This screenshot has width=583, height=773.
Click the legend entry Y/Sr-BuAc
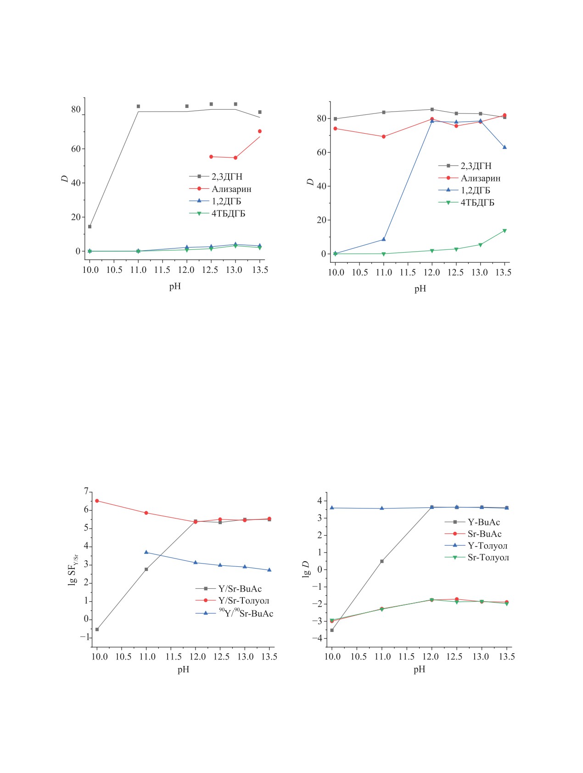pyautogui.click(x=240, y=589)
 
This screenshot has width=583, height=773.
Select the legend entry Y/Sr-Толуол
pyautogui.click(x=243, y=601)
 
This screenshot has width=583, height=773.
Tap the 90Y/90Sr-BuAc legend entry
pyautogui.click(x=246, y=613)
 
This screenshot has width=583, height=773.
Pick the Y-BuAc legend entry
pyautogui.click(x=483, y=522)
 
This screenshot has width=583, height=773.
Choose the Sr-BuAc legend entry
pyautogui.click(x=484, y=534)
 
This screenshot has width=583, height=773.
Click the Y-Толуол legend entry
pyautogui.click(x=487, y=546)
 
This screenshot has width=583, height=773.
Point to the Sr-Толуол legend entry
pyautogui.click(x=488, y=558)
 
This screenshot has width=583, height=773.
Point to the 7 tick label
pyautogui.click(x=86, y=492)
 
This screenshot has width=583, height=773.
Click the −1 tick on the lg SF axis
pyautogui.click(x=84, y=637)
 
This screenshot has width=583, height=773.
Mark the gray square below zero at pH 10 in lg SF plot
pyautogui.click(x=97, y=629)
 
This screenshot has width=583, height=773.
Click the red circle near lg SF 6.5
pyautogui.click(x=97, y=501)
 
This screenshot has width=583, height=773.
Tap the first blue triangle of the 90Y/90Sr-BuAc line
pyautogui.click(x=146, y=552)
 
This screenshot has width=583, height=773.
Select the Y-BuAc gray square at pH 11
pyautogui.click(x=382, y=561)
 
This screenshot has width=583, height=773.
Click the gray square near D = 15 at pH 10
pyautogui.click(x=90, y=226)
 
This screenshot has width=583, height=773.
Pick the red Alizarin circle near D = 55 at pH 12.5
pyautogui.click(x=211, y=157)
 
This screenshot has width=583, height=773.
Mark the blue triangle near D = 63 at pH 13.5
pyautogui.click(x=505, y=147)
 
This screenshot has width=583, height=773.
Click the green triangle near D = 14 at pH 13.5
pyautogui.click(x=505, y=231)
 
